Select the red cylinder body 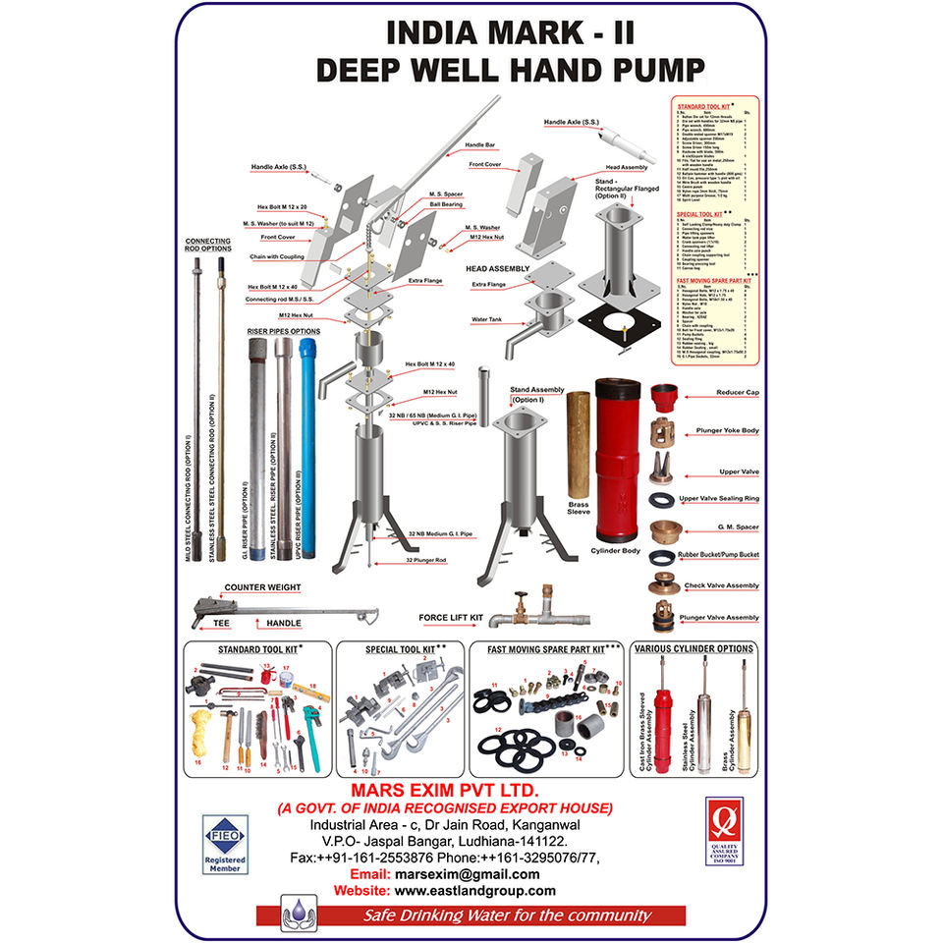[x=618, y=463]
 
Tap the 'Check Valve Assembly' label [x=721, y=585]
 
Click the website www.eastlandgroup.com [x=475, y=891]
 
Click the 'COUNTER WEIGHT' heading [x=262, y=587]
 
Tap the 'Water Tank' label [x=486, y=319]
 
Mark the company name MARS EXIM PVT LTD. [x=447, y=791]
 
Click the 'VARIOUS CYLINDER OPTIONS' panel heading [x=693, y=649]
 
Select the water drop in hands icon [x=296, y=911]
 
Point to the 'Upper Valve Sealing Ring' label [x=719, y=500]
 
